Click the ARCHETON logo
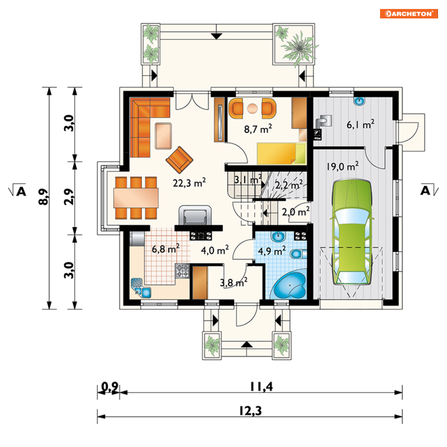click(x=408, y=13)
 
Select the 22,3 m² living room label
click(x=189, y=183)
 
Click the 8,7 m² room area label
click(x=258, y=129)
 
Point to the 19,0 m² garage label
click(x=343, y=166)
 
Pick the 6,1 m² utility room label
click(x=361, y=124)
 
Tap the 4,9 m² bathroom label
click(x=272, y=251)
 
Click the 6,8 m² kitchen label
click(x=166, y=249)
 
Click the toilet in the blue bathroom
click(x=298, y=253)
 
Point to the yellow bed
click(x=281, y=154)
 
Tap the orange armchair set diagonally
click(x=179, y=160)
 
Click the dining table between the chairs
click(x=136, y=198)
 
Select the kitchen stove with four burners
click(x=182, y=271)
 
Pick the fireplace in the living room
click(x=195, y=215)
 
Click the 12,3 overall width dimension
click(x=250, y=411)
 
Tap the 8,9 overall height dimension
click(x=44, y=197)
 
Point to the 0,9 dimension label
click(x=110, y=387)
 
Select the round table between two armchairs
click(x=252, y=108)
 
